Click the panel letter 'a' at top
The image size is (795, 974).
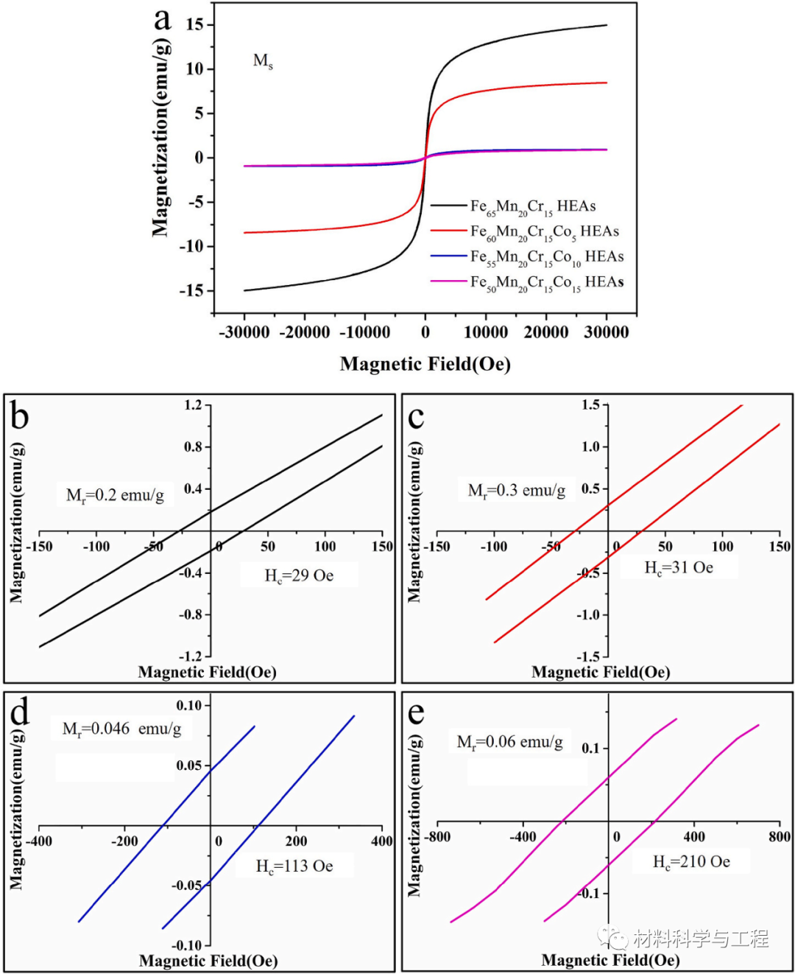[x=163, y=20]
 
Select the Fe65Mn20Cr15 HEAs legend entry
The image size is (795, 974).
[x=532, y=206]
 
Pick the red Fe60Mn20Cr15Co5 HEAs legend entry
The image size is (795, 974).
[x=544, y=232]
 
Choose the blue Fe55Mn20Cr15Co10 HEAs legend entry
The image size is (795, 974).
[x=546, y=257]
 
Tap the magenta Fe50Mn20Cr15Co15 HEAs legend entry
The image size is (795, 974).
[x=546, y=282]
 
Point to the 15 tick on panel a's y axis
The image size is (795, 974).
[x=194, y=25]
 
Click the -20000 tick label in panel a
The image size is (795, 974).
[x=305, y=332]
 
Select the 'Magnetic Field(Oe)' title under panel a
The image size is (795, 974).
[x=425, y=364]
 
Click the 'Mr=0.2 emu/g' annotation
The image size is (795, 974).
[x=116, y=495]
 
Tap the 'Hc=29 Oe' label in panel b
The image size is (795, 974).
[x=299, y=575]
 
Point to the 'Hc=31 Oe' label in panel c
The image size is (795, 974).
[x=679, y=567]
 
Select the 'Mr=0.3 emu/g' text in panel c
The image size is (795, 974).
[x=517, y=491]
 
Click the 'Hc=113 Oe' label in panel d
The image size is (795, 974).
[x=294, y=866]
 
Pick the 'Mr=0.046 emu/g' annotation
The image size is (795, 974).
[x=121, y=729]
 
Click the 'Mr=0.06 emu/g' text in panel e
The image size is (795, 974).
[x=510, y=742]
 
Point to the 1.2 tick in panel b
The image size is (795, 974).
[x=193, y=405]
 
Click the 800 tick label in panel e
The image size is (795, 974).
[x=779, y=837]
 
